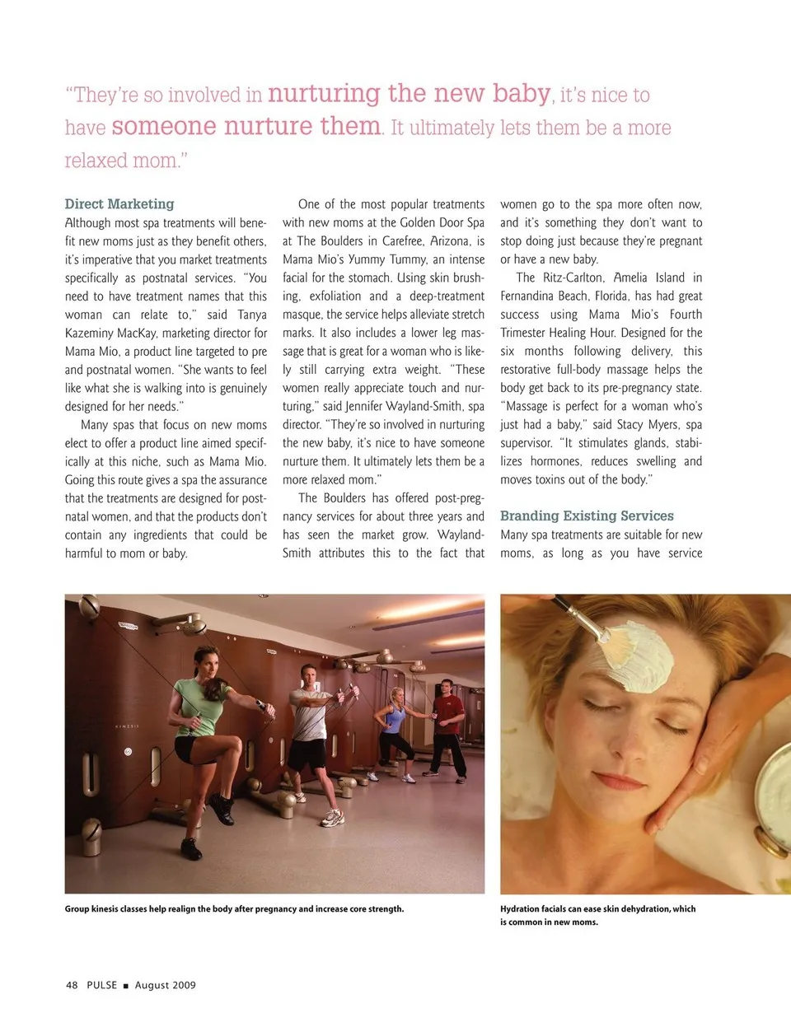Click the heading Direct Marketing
click(119, 204)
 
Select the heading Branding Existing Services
click(587, 516)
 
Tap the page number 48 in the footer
click(72, 985)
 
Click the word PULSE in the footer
click(102, 985)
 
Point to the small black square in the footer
click(126, 986)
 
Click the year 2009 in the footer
click(185, 985)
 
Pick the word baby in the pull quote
click(522, 93)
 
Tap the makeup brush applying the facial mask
click(587, 623)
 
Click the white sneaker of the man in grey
click(331, 818)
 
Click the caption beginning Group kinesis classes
click(234, 909)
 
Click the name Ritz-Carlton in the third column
click(573, 278)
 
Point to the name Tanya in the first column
click(251, 315)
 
